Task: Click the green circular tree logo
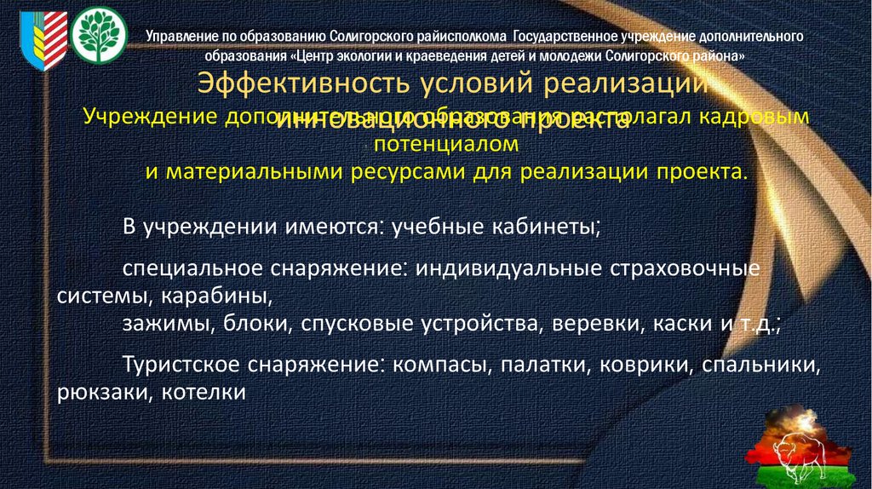[x=99, y=34]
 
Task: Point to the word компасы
[x=440, y=366]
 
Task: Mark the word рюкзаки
[x=93, y=393]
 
